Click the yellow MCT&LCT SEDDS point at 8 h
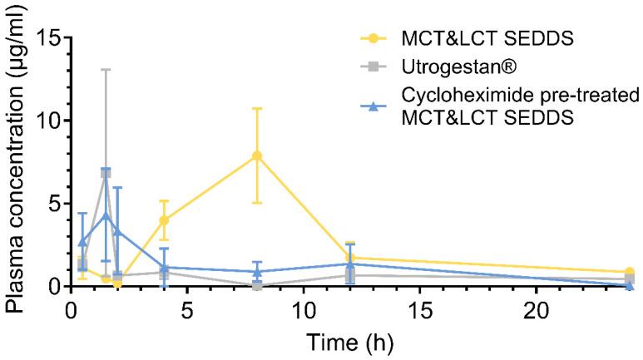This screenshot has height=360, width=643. [x=257, y=155]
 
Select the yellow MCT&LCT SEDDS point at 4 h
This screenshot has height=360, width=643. [x=164, y=220]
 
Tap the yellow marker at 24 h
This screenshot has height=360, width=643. [x=629, y=272]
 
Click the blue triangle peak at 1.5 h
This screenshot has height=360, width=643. [x=106, y=215]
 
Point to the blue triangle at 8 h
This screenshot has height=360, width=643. [x=257, y=272]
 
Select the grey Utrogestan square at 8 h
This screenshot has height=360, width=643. [x=257, y=285]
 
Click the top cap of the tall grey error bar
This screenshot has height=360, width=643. [x=106, y=70]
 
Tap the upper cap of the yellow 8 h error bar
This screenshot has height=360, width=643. [x=257, y=108]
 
